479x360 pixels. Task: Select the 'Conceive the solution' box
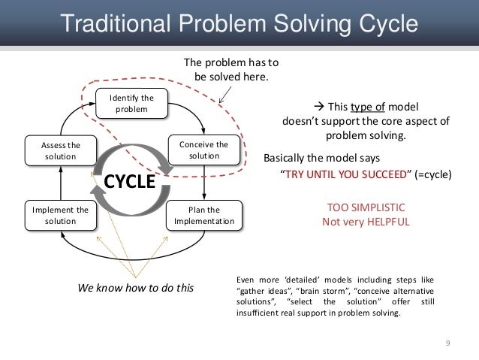coord(203,150)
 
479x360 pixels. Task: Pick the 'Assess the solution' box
coord(59,150)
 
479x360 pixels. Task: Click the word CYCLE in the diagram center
coord(128,182)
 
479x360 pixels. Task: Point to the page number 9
coord(448,343)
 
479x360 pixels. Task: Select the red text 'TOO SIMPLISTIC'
coord(366,208)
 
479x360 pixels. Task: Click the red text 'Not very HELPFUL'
coord(366,222)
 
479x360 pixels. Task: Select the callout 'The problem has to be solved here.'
coord(230,70)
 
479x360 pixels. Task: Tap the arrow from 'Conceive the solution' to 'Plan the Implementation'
coord(203,181)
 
